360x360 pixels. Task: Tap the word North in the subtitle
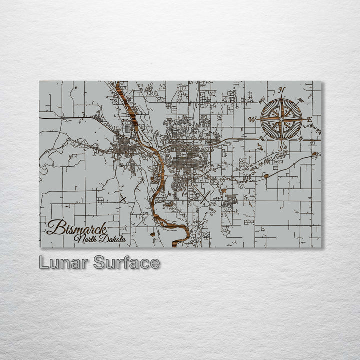pyautogui.click(x=85, y=239)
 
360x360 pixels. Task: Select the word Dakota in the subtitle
pyautogui.click(x=112, y=240)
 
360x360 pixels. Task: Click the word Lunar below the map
pyautogui.click(x=63, y=263)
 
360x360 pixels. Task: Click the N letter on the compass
pyautogui.click(x=282, y=90)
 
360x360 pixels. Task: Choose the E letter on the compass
pyautogui.click(x=309, y=120)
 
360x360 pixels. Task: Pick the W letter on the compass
pyautogui.click(x=252, y=119)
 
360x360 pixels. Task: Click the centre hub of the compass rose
pyautogui.click(x=281, y=119)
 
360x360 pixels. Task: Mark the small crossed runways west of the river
pyautogui.click(x=123, y=198)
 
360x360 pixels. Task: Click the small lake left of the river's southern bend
pyautogui.click(x=152, y=234)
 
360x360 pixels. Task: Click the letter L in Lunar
pyautogui.click(x=44, y=263)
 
